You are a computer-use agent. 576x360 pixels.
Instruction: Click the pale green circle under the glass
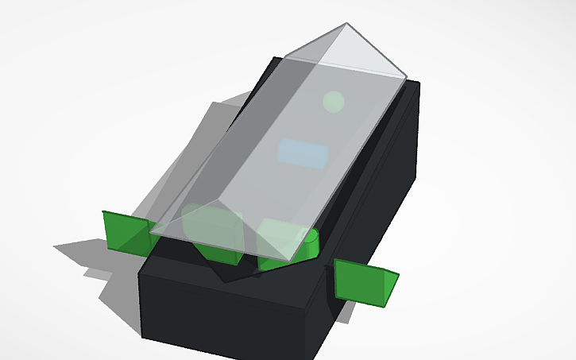pos(334,101)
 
